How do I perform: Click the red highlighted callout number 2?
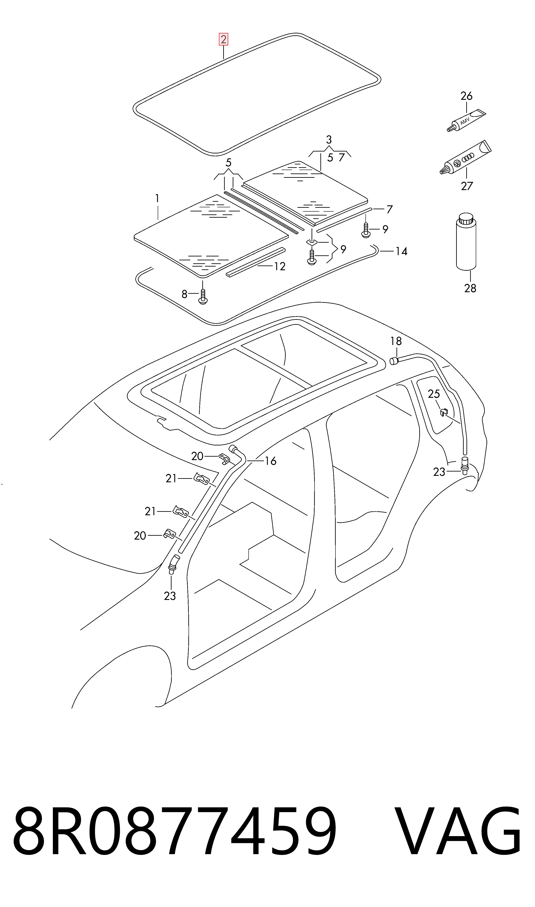tap(223, 39)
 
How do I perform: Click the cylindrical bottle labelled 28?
tap(466, 242)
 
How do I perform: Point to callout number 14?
tap(401, 251)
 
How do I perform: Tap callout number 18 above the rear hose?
tap(396, 341)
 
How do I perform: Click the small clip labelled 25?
tap(444, 412)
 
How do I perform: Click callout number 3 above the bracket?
tap(328, 139)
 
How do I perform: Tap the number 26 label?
tap(466, 96)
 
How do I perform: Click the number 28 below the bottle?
tap(470, 288)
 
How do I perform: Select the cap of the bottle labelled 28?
tap(466, 219)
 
